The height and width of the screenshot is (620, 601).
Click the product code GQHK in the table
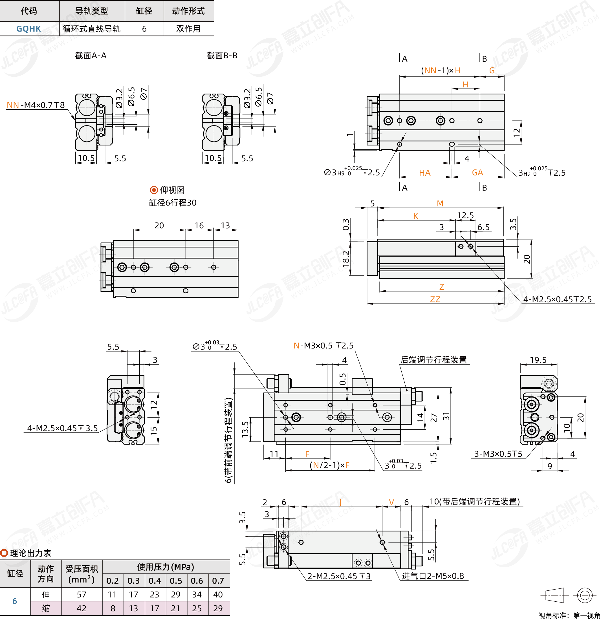29,29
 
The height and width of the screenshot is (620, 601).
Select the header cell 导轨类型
92,11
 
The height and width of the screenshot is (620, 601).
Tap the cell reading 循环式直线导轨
91,29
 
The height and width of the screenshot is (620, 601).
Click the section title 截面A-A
91,56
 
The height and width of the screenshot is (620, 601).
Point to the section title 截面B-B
222,56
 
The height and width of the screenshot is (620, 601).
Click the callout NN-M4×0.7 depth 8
36,105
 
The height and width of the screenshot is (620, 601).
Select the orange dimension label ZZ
435,299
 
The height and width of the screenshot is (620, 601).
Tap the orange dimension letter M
440,203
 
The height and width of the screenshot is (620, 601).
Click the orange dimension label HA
425,173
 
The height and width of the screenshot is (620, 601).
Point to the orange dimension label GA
477,173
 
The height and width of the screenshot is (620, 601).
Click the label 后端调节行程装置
433,360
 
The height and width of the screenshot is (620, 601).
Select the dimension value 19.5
538,360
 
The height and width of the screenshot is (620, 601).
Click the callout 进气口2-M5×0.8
433,576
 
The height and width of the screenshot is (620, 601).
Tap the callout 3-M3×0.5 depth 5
498,454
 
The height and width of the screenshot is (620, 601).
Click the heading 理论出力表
31,553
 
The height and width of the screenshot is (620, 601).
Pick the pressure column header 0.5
176,581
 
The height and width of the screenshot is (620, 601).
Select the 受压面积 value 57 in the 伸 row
82,595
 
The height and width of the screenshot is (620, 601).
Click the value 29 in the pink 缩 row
218,608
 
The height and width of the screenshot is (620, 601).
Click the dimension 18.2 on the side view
346,258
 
